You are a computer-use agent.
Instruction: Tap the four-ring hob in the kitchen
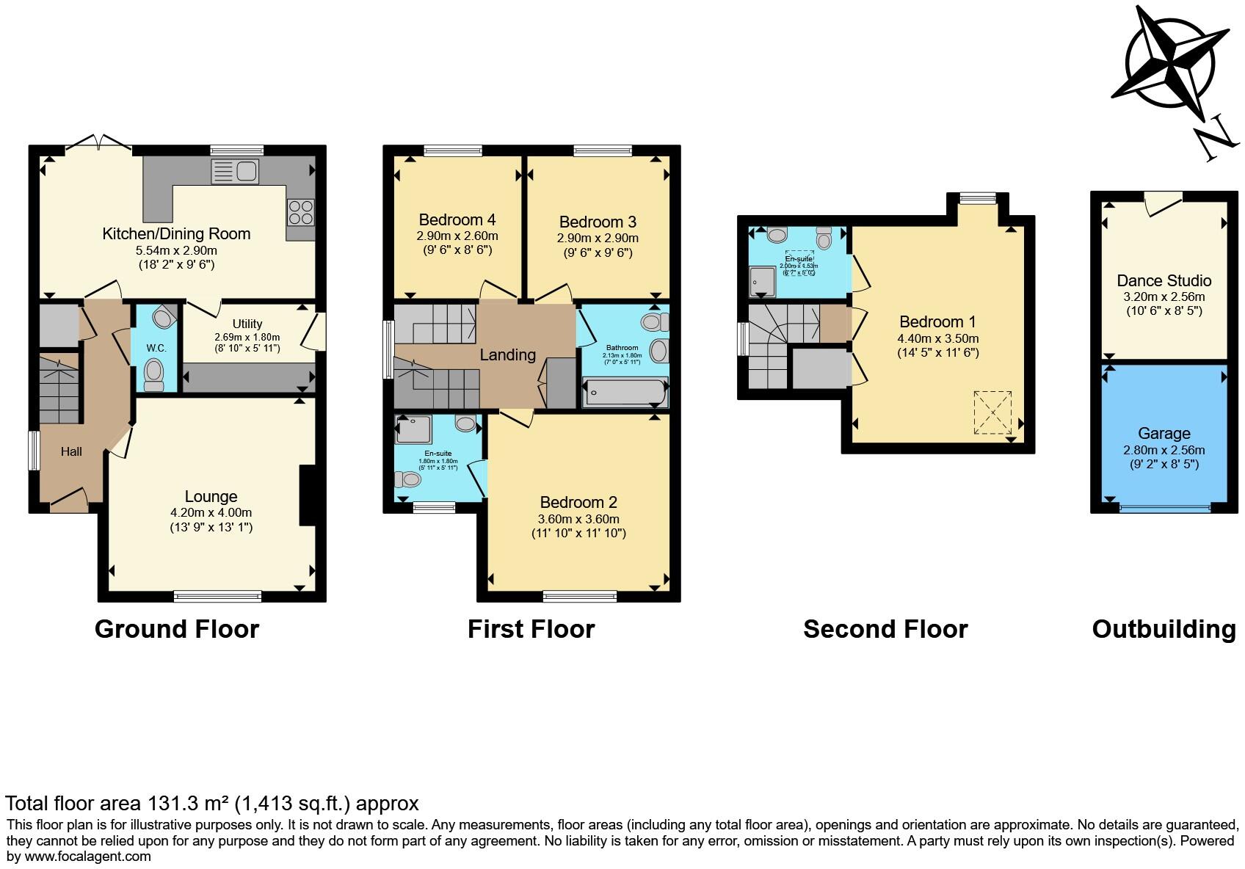click(x=300, y=212)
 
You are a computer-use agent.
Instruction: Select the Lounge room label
click(x=211, y=497)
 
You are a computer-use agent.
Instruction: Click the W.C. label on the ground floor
click(x=156, y=348)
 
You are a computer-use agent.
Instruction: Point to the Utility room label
click(x=247, y=324)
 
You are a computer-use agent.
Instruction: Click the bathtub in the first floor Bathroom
click(x=625, y=392)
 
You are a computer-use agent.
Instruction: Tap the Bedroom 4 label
click(x=457, y=219)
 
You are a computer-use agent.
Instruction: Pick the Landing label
click(x=507, y=355)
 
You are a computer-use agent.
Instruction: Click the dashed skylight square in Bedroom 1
click(x=992, y=412)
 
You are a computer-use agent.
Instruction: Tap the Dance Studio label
click(x=1164, y=280)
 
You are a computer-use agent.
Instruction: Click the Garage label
click(x=1164, y=433)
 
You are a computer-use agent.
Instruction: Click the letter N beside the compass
click(x=1212, y=142)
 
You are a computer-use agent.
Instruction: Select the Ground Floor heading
click(x=177, y=629)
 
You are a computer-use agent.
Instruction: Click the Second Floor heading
click(x=885, y=629)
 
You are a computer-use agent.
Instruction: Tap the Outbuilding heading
click(x=1164, y=629)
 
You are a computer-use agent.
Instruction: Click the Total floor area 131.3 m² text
click(x=212, y=803)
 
